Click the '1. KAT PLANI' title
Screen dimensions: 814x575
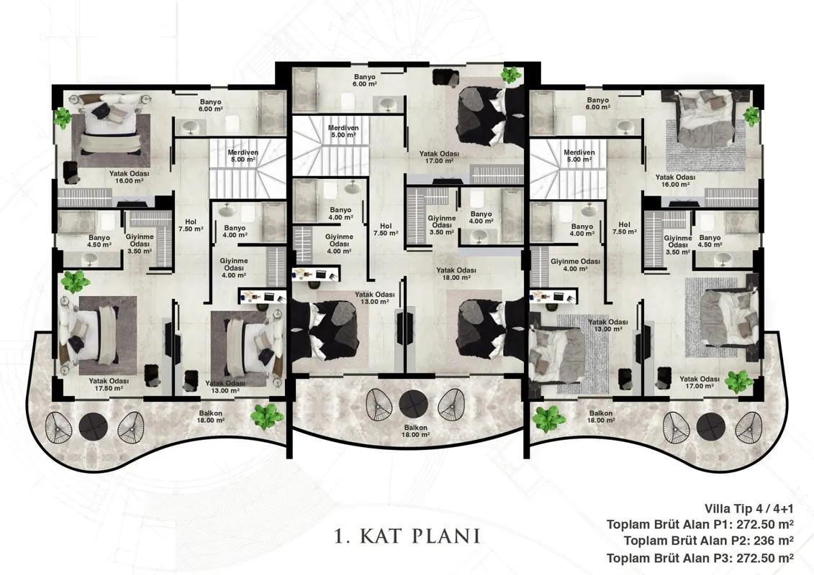[x=407, y=536]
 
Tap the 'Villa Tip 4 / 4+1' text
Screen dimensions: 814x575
[x=749, y=509]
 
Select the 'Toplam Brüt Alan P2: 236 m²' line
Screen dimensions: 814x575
[x=709, y=540]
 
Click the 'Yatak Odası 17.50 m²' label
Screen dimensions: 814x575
[x=109, y=385]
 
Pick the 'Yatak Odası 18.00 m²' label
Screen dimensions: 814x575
[x=456, y=274]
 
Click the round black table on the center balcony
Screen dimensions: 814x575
[x=414, y=404]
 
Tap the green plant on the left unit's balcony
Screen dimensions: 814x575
[x=267, y=416]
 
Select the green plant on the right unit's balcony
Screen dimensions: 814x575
[x=548, y=419]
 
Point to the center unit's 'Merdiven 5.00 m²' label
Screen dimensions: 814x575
[x=343, y=132]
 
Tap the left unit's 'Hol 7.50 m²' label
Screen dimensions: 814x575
[x=191, y=225]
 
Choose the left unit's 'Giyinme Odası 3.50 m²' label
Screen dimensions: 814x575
[x=140, y=244]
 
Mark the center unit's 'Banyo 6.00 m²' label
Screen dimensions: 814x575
[x=364, y=80]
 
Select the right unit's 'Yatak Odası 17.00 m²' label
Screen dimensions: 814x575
[x=699, y=382]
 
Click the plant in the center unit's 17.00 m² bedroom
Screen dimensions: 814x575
[x=511, y=75]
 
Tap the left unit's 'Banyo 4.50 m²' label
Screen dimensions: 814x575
[x=99, y=241]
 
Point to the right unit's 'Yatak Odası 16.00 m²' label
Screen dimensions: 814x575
[x=675, y=180]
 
